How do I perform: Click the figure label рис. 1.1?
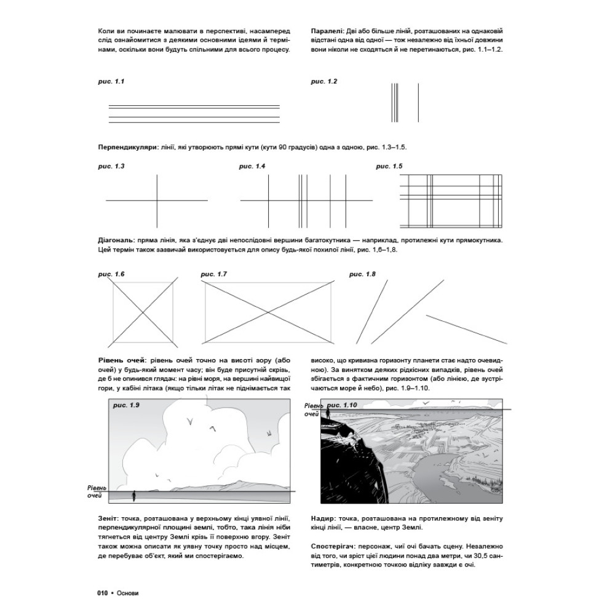[111, 81]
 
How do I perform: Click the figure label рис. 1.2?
[323, 81]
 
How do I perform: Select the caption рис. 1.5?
[389, 166]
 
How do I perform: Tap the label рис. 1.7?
[213, 273]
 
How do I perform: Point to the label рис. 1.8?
[362, 273]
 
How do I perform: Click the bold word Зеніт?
[109, 519]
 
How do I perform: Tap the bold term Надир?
[318, 519]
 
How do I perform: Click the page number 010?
[103, 593]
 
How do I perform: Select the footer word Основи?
[127, 593]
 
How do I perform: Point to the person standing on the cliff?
[328, 415]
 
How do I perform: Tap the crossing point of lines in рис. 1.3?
[157, 200]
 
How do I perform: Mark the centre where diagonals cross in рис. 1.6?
[145, 311]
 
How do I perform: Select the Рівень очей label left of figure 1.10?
[313, 410]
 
